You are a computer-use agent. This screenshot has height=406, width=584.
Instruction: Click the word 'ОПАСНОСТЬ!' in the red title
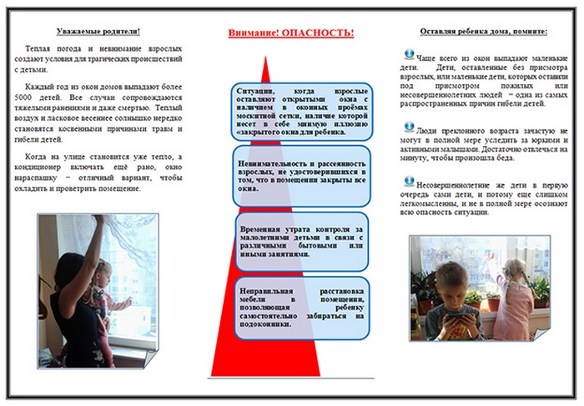(317, 33)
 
